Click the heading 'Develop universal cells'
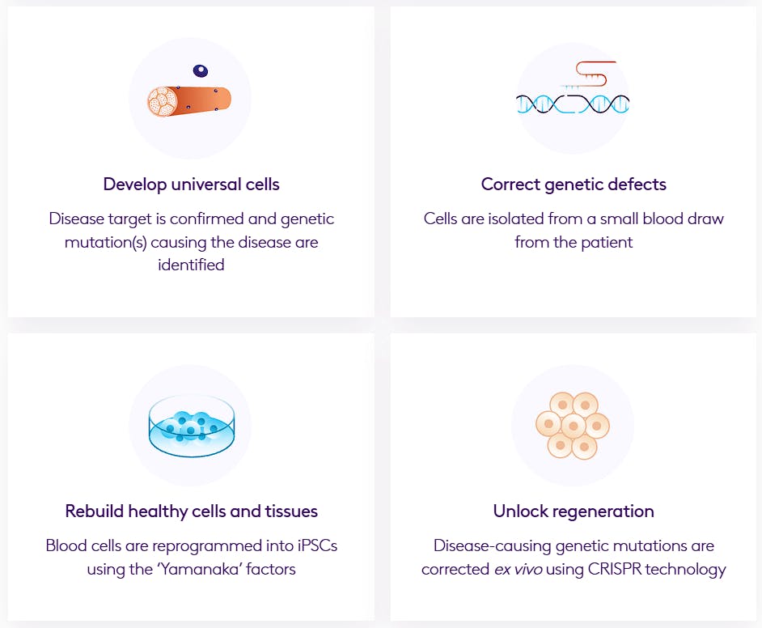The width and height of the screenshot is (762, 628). (x=191, y=185)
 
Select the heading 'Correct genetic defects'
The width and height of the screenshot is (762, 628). (x=574, y=185)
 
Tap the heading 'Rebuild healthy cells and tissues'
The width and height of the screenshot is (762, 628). (x=191, y=511)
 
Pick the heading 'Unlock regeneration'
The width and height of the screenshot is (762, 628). (x=574, y=511)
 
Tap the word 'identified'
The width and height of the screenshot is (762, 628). (x=191, y=265)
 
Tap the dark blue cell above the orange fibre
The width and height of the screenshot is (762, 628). (x=200, y=71)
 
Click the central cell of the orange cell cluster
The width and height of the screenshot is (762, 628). (x=573, y=425)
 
